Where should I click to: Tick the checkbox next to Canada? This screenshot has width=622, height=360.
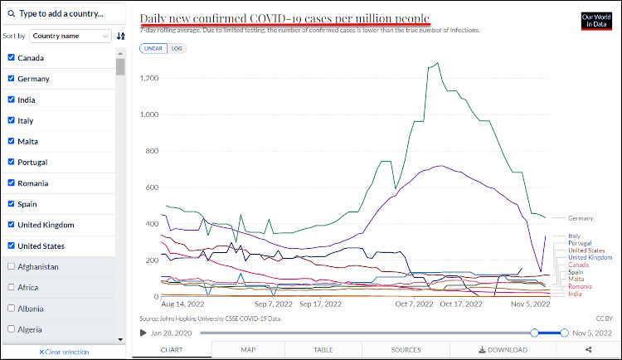coord(11,58)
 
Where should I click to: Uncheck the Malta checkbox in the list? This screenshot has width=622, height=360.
coord(11,142)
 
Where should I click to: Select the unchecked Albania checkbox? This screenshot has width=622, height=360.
coord(11,309)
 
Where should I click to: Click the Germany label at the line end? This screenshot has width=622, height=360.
coord(581,218)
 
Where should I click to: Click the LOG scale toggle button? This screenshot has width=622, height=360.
coord(177,49)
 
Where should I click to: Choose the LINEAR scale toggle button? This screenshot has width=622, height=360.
coord(153,49)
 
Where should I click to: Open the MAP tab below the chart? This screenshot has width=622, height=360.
coord(248,350)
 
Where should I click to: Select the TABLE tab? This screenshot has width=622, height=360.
coord(323,350)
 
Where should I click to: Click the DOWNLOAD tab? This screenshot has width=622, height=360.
coord(502,350)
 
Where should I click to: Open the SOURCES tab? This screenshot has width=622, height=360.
coord(406,350)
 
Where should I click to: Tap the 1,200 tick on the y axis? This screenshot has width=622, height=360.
coord(148,78)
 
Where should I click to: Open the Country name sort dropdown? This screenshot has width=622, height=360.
coord(70,36)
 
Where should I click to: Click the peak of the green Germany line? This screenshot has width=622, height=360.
coord(437,61)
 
